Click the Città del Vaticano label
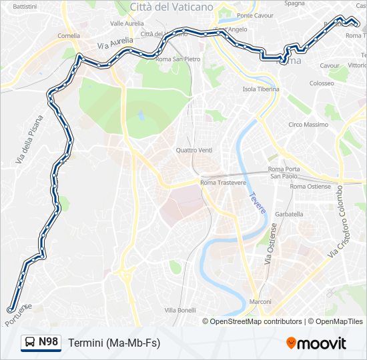click(171, 7)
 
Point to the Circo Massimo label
click(308, 125)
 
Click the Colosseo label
click(321, 83)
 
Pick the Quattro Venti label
click(194, 150)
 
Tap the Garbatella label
click(289, 215)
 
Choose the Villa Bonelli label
click(180, 310)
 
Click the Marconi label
click(260, 302)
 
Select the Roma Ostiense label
click(310, 187)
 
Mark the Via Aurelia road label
click(115, 43)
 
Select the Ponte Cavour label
click(255, 15)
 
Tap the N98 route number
click(49, 342)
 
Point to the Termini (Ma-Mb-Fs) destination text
click(114, 343)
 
